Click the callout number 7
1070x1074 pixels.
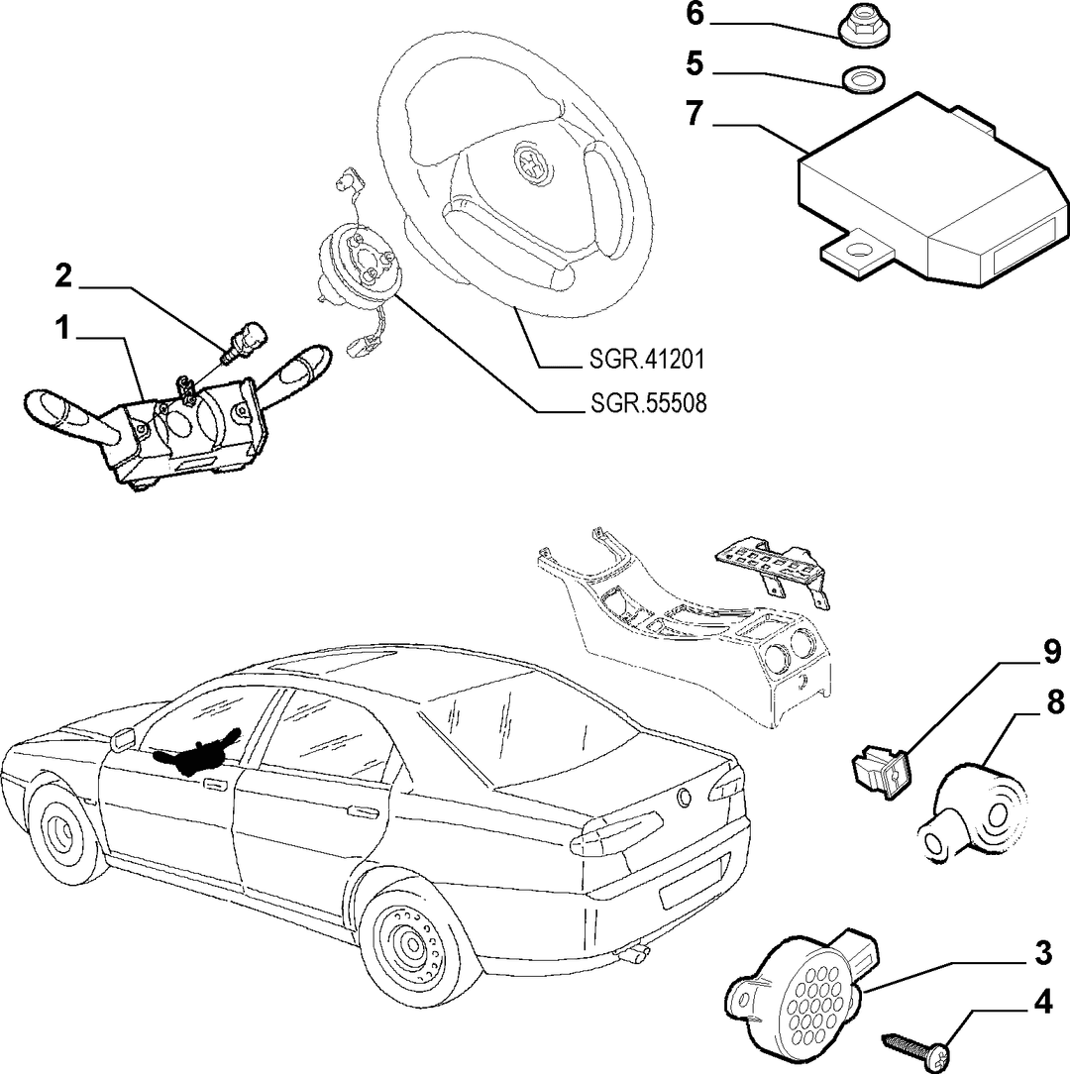coord(695,114)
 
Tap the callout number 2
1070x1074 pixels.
coord(63,276)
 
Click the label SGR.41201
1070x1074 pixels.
coord(647,359)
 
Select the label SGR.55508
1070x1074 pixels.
coord(648,403)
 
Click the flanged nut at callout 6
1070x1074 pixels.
coord(860,32)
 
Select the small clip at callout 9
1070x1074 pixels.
coord(880,769)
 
